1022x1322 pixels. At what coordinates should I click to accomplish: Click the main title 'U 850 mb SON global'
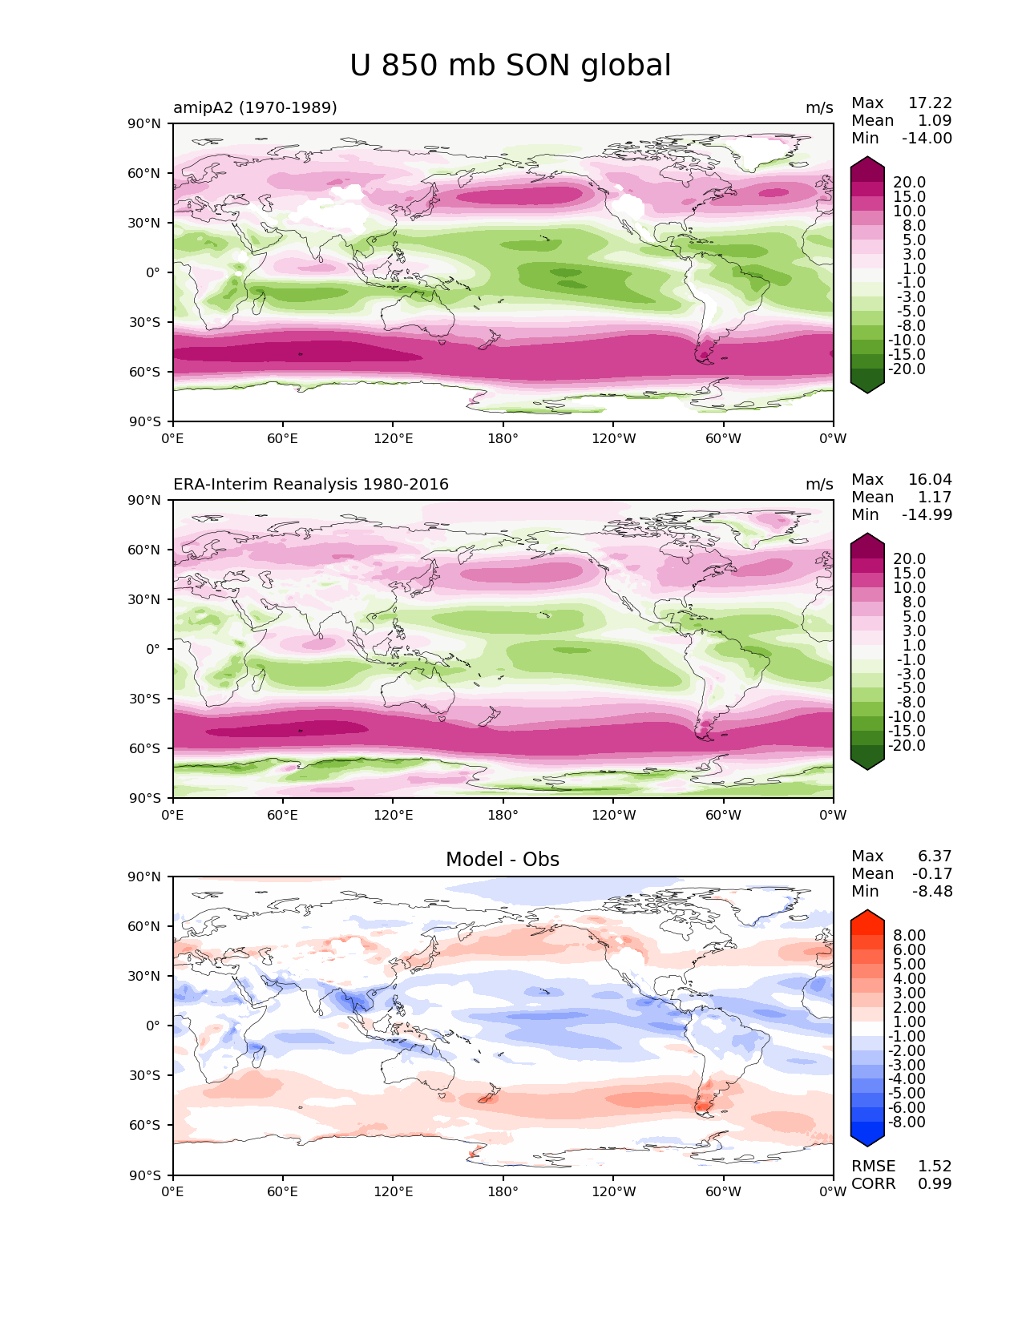click(511, 66)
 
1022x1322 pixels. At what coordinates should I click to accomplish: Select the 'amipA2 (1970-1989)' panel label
click(255, 107)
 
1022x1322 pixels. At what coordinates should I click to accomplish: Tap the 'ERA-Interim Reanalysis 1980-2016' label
click(311, 484)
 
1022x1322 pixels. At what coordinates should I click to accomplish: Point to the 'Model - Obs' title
click(503, 860)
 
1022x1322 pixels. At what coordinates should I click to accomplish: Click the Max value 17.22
click(930, 103)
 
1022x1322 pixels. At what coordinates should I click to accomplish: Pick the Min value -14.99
click(927, 514)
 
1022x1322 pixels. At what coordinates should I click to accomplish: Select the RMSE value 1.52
click(935, 1166)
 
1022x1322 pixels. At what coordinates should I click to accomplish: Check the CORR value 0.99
click(935, 1183)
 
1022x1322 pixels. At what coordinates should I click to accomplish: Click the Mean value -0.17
click(932, 873)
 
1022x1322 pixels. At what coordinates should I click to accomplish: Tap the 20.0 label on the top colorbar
click(909, 183)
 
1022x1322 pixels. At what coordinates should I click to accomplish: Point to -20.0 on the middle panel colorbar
click(907, 745)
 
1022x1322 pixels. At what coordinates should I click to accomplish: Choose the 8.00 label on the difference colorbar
click(910, 935)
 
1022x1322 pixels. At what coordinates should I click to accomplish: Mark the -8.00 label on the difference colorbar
click(907, 1122)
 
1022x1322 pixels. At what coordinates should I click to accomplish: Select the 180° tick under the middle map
click(503, 815)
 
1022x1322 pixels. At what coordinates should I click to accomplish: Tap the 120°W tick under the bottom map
click(614, 1191)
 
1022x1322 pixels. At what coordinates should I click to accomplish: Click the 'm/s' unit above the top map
click(819, 107)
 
